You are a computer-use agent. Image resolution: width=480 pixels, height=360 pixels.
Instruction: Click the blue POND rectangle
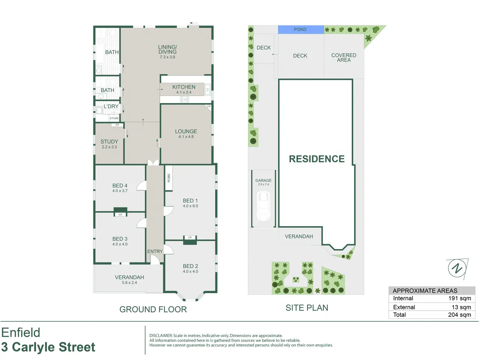pyautogui.click(x=301, y=30)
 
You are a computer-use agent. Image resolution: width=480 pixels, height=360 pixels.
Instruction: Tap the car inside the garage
pyautogui.click(x=264, y=206)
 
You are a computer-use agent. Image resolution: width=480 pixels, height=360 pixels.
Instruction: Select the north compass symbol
pyautogui.click(x=457, y=268)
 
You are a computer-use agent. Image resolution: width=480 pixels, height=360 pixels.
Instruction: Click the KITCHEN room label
pyautogui.click(x=184, y=87)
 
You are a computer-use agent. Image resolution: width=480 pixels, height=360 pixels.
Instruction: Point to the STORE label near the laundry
pyautogui.click(x=114, y=118)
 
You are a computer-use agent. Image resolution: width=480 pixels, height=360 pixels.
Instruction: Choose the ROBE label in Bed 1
pyautogui.click(x=169, y=178)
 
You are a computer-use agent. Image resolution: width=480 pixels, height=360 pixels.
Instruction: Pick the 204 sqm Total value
pyautogui.click(x=459, y=315)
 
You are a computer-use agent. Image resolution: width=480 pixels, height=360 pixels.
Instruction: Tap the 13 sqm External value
pyautogui.click(x=461, y=307)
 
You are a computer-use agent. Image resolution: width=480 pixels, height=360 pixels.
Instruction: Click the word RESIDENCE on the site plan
pyautogui.click(x=316, y=159)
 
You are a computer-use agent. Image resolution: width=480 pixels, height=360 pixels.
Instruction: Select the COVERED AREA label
pyautogui.click(x=344, y=58)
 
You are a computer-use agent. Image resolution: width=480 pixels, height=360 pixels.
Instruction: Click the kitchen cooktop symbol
pyautogui.click(x=184, y=100)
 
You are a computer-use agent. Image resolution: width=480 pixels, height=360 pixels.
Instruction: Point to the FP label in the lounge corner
pyautogui.click(x=209, y=106)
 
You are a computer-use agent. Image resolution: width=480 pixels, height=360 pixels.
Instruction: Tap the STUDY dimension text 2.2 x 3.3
pyautogui.click(x=109, y=147)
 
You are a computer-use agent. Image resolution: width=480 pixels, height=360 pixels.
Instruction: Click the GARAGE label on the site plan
pyautogui.click(x=263, y=180)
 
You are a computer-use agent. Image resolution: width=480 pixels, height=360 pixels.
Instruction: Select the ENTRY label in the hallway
pyautogui.click(x=155, y=251)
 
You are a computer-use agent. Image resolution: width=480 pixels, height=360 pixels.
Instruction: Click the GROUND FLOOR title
pyautogui.click(x=153, y=309)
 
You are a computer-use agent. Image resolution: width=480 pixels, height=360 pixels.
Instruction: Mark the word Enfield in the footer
pyautogui.click(x=21, y=333)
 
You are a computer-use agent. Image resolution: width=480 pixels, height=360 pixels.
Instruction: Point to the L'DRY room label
pyautogui.click(x=111, y=106)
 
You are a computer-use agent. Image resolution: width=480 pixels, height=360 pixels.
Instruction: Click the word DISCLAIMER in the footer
pyautogui.click(x=161, y=336)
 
